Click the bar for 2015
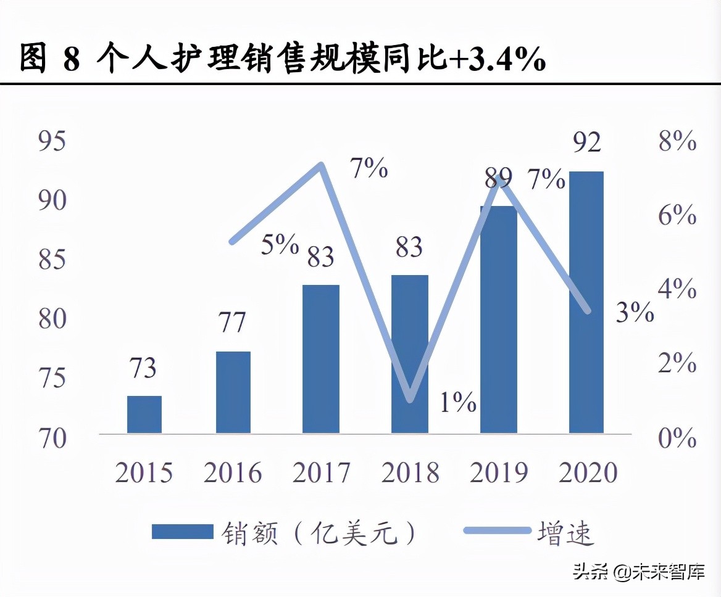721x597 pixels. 144,414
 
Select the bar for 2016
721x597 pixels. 233,392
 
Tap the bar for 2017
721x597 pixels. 321,359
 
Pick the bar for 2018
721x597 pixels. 410,354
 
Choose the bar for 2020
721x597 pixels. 586,302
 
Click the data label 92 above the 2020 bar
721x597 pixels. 586,142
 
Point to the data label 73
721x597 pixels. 143,368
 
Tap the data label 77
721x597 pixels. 232,323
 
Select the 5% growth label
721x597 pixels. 280,244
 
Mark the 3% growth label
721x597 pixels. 635,313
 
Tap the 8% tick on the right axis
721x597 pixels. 677,142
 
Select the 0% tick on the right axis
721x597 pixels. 677,438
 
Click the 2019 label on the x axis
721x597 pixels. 499,473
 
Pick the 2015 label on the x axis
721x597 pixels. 144,473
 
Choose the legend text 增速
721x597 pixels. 565,532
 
